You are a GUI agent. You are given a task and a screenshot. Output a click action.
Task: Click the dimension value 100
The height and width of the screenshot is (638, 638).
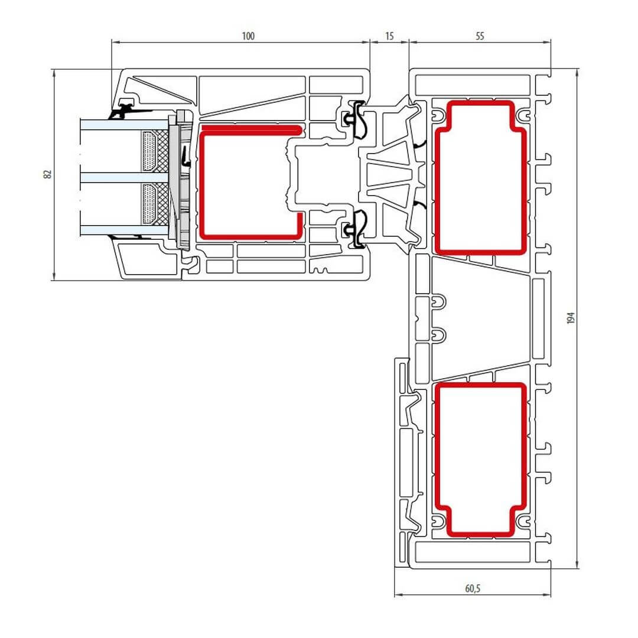click(248, 36)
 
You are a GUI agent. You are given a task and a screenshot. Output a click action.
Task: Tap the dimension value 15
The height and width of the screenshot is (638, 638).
click(389, 36)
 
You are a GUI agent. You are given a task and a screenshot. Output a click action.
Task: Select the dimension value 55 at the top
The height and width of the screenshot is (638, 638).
click(480, 36)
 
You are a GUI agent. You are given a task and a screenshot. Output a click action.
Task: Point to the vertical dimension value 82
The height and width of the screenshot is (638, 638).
click(48, 174)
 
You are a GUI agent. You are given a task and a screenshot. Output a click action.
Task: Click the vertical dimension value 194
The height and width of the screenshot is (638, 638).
click(571, 318)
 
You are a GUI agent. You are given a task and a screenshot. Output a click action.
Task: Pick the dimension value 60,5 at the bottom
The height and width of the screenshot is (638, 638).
click(473, 588)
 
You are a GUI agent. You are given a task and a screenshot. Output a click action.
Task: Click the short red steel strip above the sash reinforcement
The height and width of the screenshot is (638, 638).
click(252, 129)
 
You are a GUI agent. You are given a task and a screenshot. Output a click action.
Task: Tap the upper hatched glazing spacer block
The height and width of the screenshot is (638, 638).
click(155, 151)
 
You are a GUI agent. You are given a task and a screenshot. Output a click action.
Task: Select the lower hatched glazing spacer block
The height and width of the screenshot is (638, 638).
click(155, 203)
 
